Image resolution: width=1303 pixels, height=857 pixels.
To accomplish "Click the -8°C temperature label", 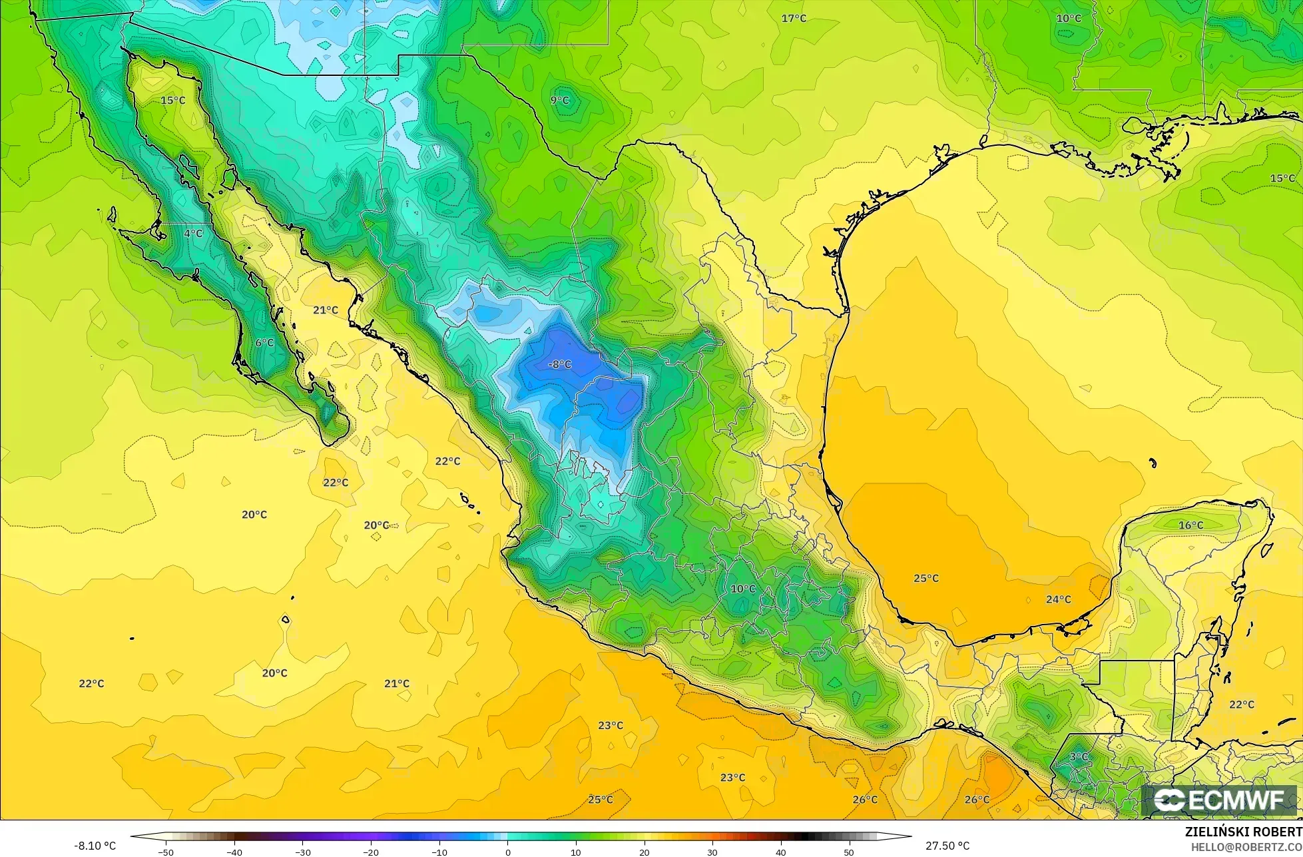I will pos(559,364).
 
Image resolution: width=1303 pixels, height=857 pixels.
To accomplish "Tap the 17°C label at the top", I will pos(793,18).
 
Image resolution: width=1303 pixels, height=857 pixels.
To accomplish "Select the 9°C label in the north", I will pos(559,100).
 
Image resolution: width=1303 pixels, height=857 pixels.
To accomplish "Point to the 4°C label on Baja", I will pos(193,233).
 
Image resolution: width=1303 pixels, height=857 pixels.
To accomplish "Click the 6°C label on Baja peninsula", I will pos(264,342).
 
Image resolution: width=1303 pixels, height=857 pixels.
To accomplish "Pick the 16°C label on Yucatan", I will pos(1190,525).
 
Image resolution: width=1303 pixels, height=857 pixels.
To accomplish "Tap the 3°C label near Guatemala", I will pos(1079,756).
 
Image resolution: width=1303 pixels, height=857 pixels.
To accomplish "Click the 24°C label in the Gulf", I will pos(1058,599).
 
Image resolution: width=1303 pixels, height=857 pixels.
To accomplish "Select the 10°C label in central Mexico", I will pos(743,589).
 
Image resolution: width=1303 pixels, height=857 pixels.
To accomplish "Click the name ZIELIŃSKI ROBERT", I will pos(1243,832).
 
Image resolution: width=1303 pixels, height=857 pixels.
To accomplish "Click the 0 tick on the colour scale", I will pos(507,852).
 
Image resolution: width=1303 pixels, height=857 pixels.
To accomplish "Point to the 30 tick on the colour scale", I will pos(712,852).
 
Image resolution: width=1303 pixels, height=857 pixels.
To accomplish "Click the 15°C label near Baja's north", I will pos(172,100).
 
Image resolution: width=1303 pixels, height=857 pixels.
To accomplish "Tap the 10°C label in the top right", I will pos(1069,18).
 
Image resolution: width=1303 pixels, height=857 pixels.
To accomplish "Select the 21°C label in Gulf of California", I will pos(326,310).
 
